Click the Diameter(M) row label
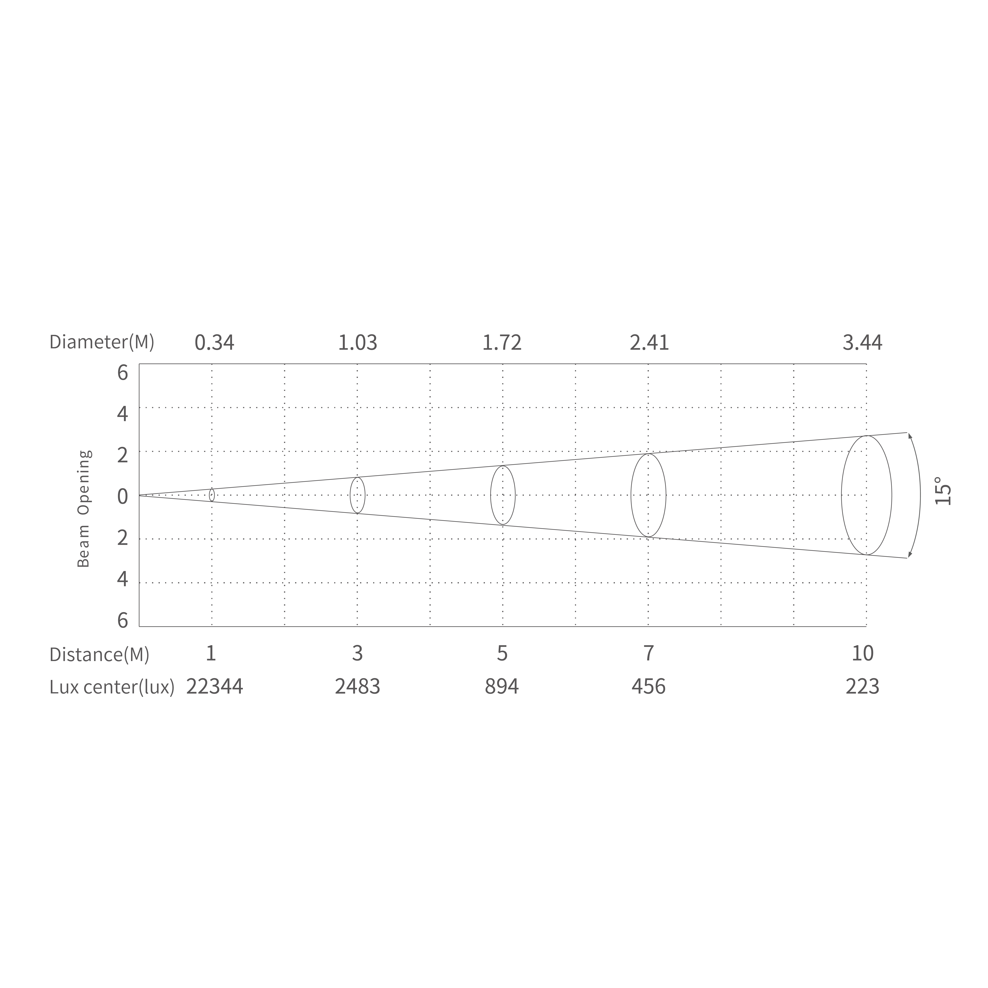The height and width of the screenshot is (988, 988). click(102, 342)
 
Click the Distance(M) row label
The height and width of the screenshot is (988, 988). click(99, 655)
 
